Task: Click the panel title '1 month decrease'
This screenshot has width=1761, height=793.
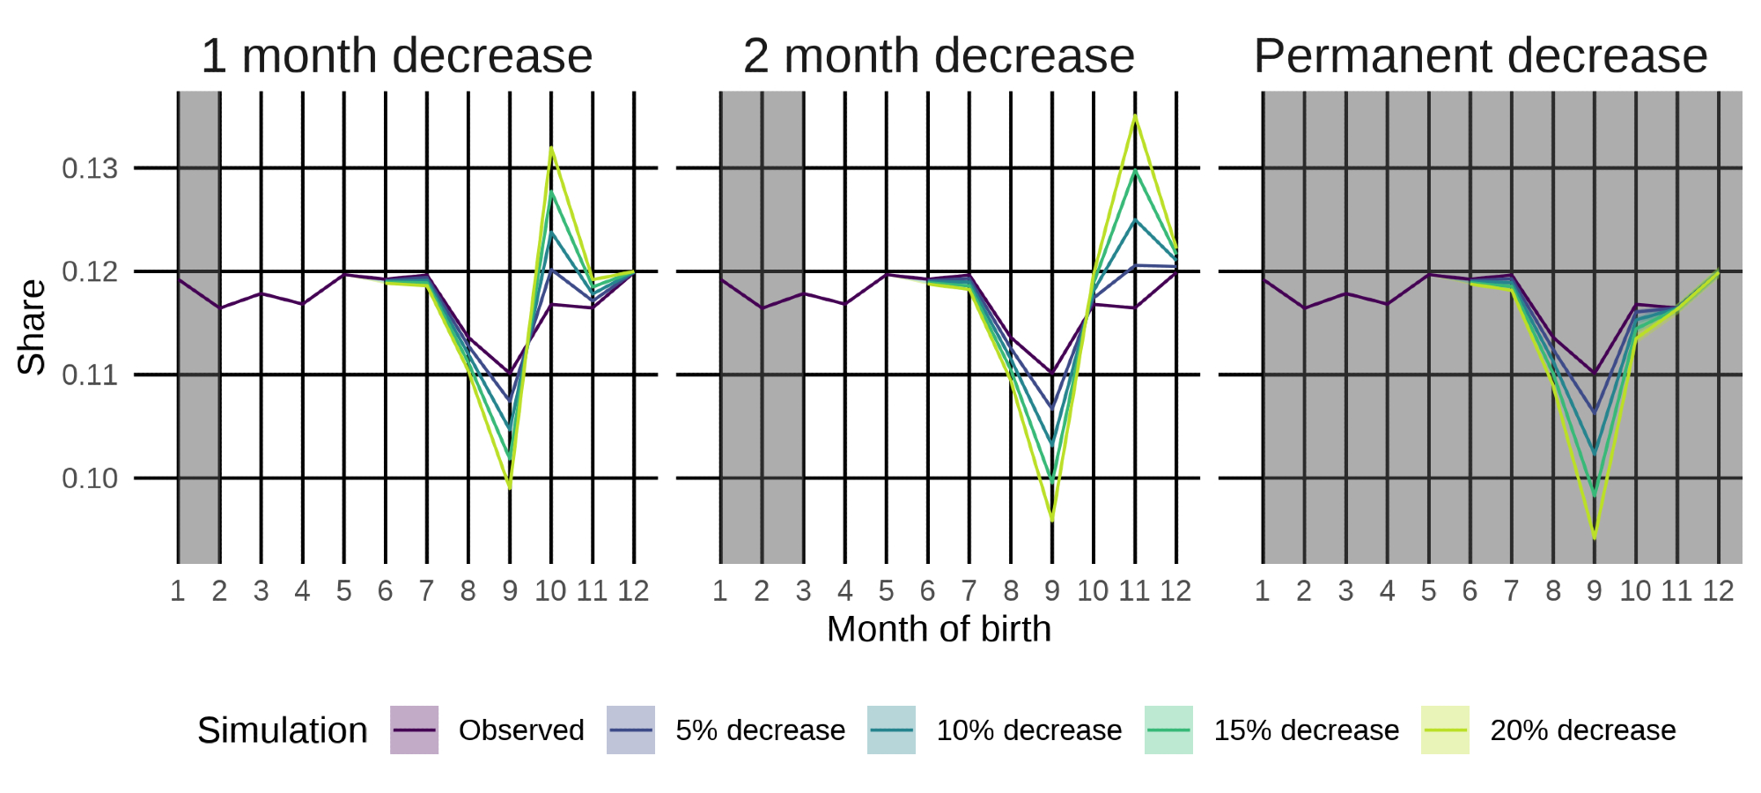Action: tap(396, 56)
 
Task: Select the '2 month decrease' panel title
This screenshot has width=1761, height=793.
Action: tap(939, 56)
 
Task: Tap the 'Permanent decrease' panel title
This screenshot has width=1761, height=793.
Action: tap(1480, 56)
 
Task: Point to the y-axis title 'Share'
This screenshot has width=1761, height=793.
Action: tap(32, 327)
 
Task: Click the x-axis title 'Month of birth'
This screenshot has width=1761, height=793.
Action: tap(939, 629)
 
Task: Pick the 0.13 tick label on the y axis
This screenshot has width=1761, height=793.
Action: tap(90, 168)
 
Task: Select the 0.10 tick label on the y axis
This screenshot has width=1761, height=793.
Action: tap(90, 478)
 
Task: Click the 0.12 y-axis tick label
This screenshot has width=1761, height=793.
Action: tap(90, 271)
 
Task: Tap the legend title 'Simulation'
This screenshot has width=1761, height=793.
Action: tap(282, 730)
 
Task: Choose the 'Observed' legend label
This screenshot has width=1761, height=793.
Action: tap(521, 730)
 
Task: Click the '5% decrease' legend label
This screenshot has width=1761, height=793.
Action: tap(760, 730)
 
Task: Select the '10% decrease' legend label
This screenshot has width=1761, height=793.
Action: tap(1028, 730)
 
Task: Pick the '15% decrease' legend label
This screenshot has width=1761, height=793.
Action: tap(1306, 730)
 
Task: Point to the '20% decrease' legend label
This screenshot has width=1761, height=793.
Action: tap(1582, 730)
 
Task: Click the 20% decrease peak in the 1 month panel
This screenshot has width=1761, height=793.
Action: tap(551, 148)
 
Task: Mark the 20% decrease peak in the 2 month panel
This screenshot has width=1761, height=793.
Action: tap(1135, 116)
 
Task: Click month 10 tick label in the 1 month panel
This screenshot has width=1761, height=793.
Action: tap(550, 591)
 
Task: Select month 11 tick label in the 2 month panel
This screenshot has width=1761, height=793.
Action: tap(1134, 591)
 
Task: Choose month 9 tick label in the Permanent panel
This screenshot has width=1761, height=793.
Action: tap(1595, 591)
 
